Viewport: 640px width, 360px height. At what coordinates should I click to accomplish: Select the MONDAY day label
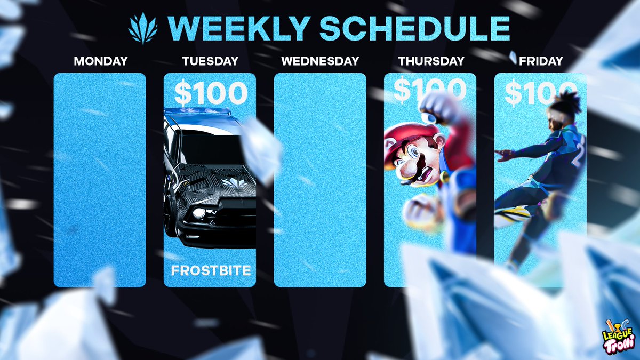click(x=100, y=61)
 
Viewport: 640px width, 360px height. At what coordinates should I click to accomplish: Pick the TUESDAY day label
click(x=210, y=61)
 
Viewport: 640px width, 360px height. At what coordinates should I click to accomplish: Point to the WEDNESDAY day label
click(x=320, y=61)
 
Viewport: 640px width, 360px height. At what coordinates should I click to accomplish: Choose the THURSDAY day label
click(x=430, y=61)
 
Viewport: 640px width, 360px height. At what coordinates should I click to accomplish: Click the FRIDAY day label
click(x=540, y=61)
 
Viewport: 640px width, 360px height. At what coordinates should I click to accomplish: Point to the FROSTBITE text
click(x=210, y=271)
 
